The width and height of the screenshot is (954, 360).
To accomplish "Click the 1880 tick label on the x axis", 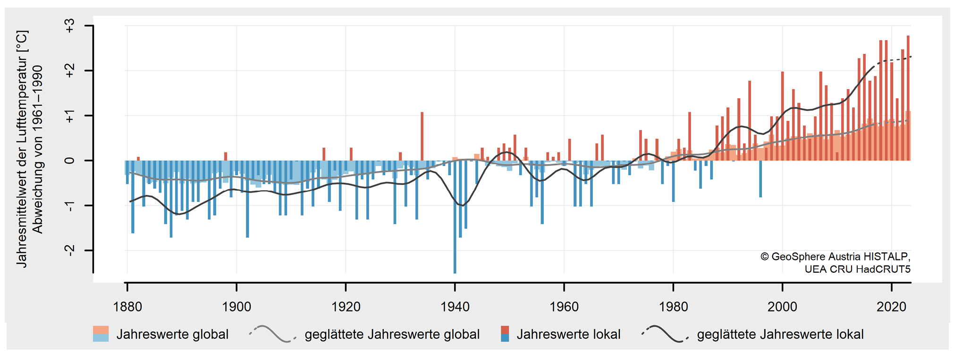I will [127, 307].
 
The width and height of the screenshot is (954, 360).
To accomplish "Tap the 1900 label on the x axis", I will [236, 307].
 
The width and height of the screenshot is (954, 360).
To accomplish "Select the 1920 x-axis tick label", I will [346, 307].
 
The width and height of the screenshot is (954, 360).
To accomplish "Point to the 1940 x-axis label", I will [455, 307].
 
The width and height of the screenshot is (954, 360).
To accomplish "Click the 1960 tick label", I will [564, 307].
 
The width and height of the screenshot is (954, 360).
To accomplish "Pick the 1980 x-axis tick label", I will [673, 307].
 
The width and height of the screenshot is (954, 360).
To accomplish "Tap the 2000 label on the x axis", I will [782, 307].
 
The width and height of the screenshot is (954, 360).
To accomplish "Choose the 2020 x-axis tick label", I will [891, 307].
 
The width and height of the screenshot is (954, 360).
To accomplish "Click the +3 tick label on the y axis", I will [70, 26].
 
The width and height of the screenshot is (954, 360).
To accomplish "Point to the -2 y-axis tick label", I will [70, 251].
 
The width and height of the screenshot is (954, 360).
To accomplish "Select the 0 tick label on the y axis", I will [70, 160].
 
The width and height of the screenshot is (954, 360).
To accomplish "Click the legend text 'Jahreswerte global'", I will [172, 335].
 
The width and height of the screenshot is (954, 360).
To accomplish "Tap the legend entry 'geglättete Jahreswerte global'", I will [392, 335].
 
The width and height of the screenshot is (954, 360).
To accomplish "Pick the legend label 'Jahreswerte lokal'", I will [568, 335].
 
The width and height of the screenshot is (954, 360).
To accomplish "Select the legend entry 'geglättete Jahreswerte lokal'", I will [780, 335].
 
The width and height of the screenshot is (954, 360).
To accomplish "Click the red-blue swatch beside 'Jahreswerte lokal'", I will [505, 334].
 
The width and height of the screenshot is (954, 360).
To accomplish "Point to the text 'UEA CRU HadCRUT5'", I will [857, 269].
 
